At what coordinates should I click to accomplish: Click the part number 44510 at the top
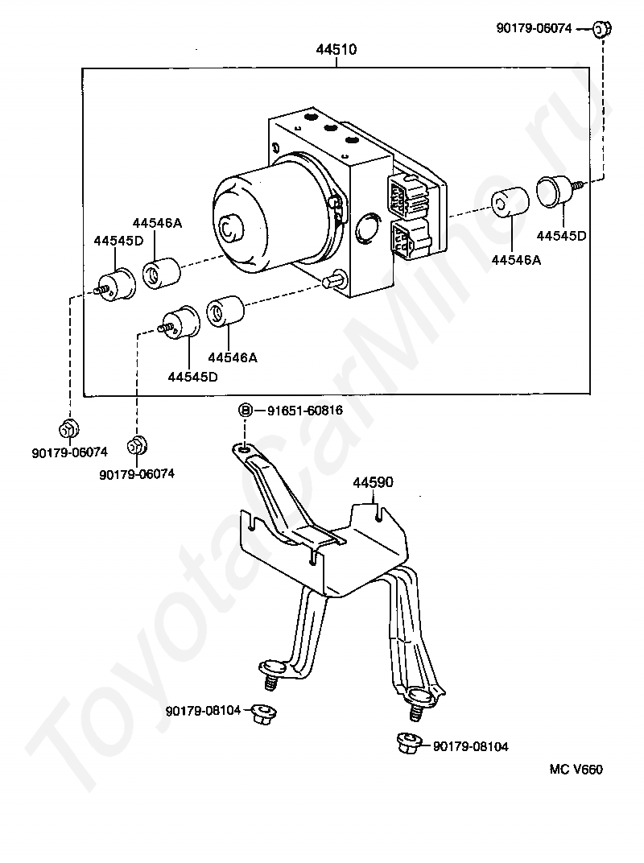point(336,50)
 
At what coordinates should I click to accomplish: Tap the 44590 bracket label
point(374,482)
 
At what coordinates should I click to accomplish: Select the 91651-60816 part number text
point(305,410)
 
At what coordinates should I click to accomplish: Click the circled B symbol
point(246,410)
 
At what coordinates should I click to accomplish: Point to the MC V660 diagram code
point(576,769)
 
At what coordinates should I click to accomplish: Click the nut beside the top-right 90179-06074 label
point(601,28)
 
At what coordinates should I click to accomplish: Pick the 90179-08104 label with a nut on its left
point(471,746)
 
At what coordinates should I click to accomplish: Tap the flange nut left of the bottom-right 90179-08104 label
point(410,742)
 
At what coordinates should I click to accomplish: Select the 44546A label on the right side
point(516,260)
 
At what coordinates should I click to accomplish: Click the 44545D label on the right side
point(561,236)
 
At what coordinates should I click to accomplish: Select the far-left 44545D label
point(118,241)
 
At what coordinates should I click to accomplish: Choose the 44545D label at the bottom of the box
point(192,377)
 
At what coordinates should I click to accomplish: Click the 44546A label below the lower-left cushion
point(233,357)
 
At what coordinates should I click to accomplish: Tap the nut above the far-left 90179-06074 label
point(68,428)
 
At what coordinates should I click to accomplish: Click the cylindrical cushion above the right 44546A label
point(510,201)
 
